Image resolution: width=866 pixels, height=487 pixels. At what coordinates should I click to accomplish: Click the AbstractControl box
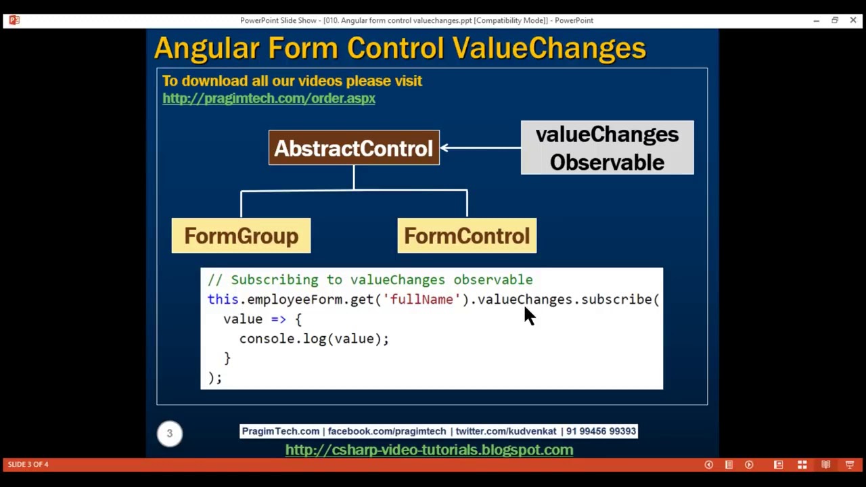[x=354, y=148]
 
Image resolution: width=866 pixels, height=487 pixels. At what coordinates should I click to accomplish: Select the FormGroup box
[x=241, y=236]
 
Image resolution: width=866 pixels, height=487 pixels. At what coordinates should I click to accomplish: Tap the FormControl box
[x=467, y=236]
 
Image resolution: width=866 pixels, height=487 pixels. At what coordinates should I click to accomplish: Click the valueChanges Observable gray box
[x=607, y=148]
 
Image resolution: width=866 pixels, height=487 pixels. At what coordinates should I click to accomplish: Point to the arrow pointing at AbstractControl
[x=480, y=147]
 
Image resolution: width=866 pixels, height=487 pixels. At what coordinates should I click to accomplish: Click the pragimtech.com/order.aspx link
[x=269, y=98]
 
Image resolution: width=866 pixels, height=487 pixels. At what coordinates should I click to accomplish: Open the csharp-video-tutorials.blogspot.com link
[x=429, y=450]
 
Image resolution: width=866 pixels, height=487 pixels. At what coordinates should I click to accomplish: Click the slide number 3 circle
[x=170, y=433]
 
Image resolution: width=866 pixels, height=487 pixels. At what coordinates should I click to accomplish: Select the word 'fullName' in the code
[x=421, y=299]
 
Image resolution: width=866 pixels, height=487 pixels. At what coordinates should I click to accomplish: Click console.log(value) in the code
[x=314, y=338]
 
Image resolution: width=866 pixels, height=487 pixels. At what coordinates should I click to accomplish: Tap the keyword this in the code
[x=223, y=299]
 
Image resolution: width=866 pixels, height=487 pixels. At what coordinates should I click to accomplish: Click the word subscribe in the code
[x=616, y=299]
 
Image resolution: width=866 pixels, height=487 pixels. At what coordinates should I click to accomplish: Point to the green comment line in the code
[x=370, y=279]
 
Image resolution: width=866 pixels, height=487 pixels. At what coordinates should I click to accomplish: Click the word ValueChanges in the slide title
[x=549, y=48]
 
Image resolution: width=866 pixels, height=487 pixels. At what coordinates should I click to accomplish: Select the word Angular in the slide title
[x=206, y=48]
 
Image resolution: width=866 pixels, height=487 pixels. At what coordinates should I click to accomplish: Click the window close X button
[x=852, y=20]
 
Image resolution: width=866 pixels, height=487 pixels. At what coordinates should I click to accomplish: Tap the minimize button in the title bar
[x=816, y=20]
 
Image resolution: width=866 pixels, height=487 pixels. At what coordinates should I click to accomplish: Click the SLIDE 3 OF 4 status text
[x=28, y=464]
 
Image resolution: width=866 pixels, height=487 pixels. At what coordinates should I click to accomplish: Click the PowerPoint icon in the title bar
[x=14, y=20]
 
